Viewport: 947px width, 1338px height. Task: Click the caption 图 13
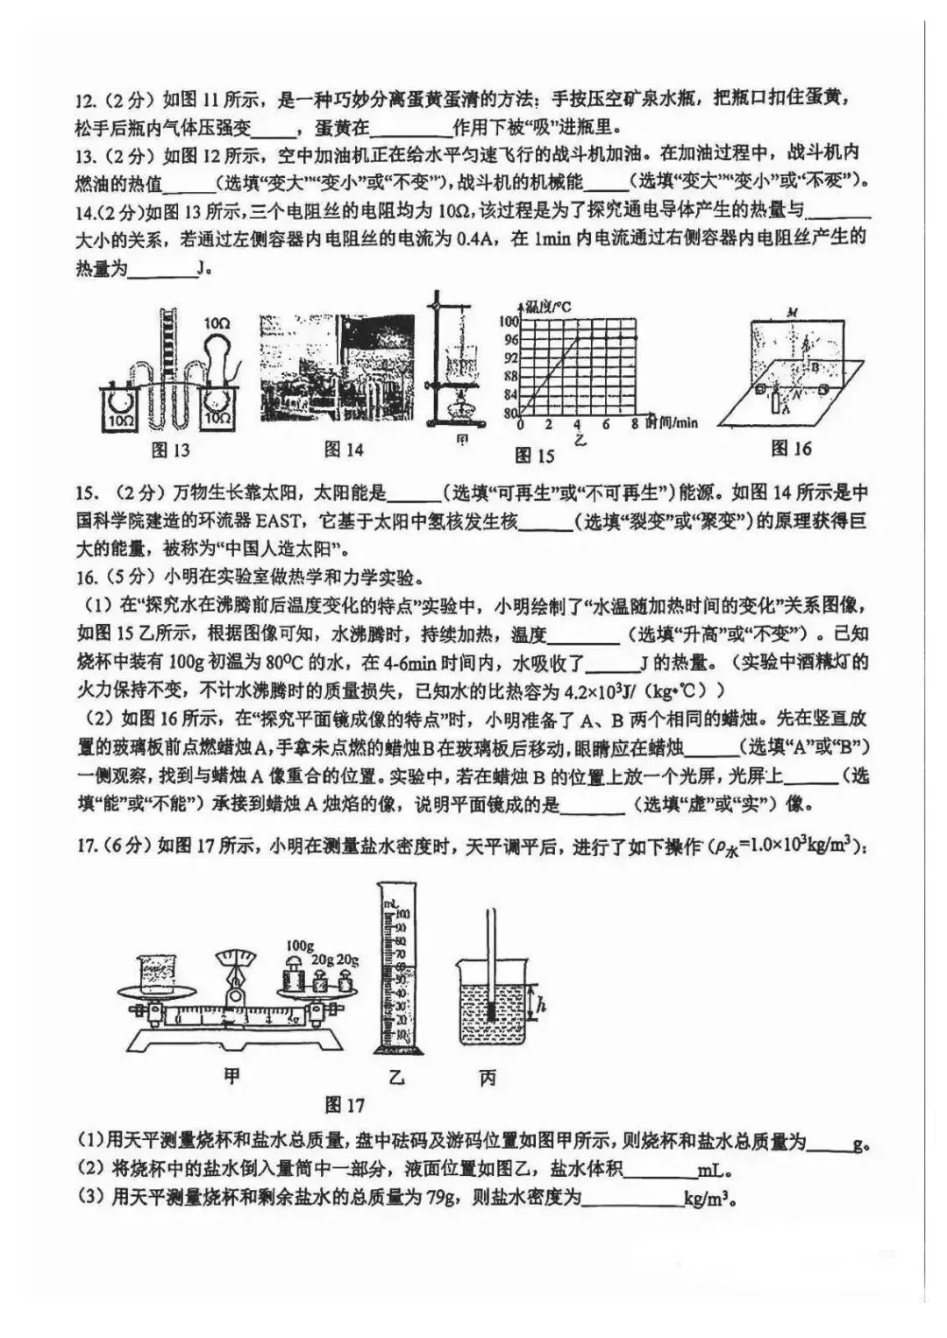[170, 450]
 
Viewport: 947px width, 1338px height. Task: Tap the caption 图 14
[344, 450]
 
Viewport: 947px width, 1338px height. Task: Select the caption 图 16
[791, 449]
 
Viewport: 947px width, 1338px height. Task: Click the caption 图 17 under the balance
[344, 1105]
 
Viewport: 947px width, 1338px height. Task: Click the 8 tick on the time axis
[634, 424]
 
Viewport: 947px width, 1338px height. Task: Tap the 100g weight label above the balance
[300, 945]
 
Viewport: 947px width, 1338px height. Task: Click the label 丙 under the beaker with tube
[488, 1078]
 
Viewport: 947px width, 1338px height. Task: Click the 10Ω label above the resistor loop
[217, 323]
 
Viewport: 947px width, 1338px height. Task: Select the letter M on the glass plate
[792, 312]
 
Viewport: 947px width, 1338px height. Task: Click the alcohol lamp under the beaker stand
[455, 405]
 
